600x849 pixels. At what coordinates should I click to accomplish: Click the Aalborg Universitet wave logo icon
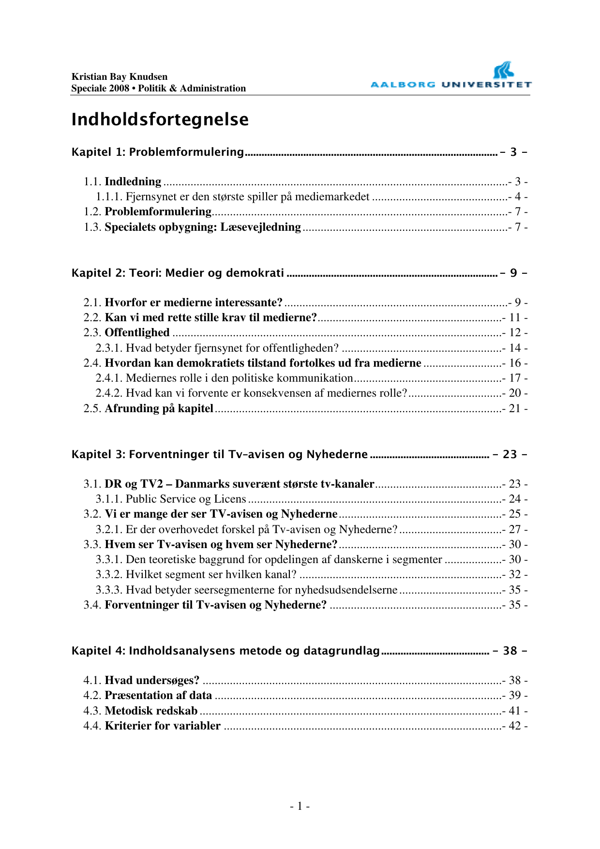(503, 71)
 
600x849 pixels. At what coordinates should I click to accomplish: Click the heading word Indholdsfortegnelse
(160, 119)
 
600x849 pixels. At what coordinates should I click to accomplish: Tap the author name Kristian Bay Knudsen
(120, 76)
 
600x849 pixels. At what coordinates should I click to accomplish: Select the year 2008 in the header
(119, 88)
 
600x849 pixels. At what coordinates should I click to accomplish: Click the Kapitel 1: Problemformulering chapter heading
(158, 152)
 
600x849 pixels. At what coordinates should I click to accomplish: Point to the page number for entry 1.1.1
(518, 196)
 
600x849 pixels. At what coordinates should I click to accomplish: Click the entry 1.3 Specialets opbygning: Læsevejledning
(202, 227)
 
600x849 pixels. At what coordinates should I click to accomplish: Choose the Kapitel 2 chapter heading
(178, 273)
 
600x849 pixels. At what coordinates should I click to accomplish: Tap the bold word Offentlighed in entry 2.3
(137, 332)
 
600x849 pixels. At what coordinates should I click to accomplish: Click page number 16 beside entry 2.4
(515, 363)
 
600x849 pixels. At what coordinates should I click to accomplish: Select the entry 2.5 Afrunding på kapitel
(159, 408)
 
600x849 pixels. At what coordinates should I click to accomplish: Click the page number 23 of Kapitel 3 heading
(510, 454)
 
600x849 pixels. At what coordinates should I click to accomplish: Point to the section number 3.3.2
(109, 574)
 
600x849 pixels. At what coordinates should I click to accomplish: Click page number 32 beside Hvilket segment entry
(515, 574)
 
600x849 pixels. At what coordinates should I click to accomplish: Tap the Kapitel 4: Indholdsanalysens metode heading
(225, 651)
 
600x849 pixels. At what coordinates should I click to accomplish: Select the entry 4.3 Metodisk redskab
(151, 711)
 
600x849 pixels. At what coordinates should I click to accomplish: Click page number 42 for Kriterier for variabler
(515, 726)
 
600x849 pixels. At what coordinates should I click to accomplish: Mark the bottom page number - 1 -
(300, 806)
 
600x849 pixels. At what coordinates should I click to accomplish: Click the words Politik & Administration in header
(193, 88)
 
